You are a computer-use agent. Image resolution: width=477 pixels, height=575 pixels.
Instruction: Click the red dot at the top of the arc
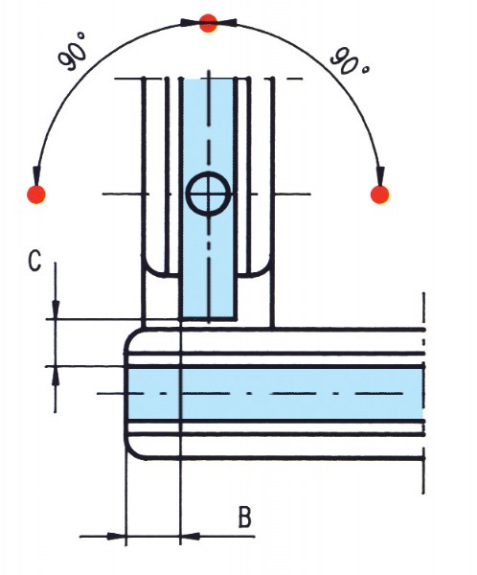[x=208, y=23]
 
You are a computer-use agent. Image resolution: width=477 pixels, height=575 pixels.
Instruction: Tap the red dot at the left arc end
[x=36, y=195]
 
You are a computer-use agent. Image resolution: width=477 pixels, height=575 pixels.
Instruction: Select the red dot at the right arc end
[x=380, y=195]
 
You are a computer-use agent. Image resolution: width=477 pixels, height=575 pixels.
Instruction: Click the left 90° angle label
[x=73, y=52]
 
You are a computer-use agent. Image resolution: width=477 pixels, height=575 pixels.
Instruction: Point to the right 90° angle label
[x=350, y=61]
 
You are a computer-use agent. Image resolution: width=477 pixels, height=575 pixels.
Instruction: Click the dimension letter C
[x=34, y=261]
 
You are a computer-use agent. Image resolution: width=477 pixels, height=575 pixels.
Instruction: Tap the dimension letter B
[x=245, y=517]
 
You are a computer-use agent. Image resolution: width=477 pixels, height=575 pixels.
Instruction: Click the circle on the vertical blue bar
[x=209, y=194]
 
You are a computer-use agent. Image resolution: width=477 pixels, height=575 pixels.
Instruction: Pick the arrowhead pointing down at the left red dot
[x=36, y=176]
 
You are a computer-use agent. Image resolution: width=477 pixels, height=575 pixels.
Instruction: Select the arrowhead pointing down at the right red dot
[x=380, y=176]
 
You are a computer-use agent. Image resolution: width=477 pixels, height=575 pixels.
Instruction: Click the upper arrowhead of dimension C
[x=56, y=310]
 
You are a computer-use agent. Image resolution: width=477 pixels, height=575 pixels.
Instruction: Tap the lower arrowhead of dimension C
[x=56, y=376]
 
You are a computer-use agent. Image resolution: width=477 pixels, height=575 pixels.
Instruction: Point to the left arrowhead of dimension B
[x=116, y=536]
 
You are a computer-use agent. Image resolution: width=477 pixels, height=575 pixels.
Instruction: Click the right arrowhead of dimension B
[x=191, y=536]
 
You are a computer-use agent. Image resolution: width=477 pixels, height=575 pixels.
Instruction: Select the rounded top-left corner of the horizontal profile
[x=130, y=335]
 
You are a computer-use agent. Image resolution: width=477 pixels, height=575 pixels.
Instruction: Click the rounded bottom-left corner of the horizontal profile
[x=131, y=451]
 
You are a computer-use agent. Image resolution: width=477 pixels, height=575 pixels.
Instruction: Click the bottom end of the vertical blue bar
[x=208, y=317]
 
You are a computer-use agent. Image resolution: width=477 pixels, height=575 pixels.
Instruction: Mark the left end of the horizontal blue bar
[x=126, y=394]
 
